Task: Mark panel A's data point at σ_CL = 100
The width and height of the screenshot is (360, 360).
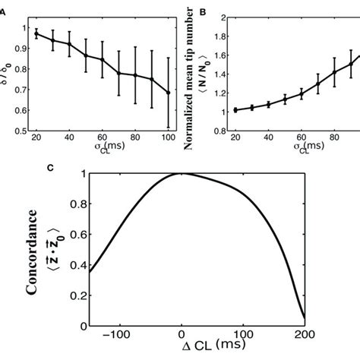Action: tap(168, 93)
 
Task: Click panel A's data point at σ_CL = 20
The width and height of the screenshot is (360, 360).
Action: tap(36, 33)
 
